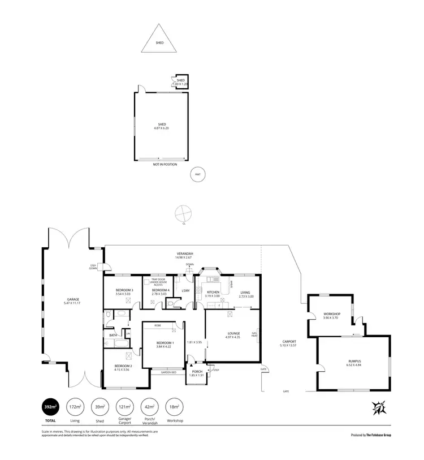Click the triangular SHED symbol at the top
coord(159,39)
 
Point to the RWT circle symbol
coord(197,174)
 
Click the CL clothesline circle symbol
coord(183,214)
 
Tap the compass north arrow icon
coord(378,407)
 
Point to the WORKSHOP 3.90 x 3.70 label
coord(331,316)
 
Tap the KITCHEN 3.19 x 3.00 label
coord(213,294)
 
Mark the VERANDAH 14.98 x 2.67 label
coord(184,255)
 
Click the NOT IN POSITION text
coord(165,165)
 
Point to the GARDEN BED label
coord(168,373)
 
